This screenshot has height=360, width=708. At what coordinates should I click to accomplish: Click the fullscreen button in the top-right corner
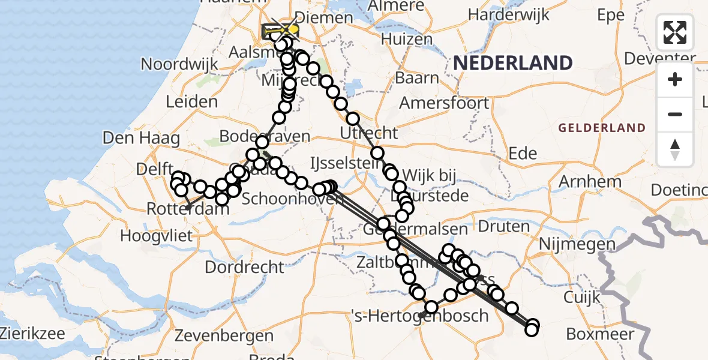(x=675, y=32)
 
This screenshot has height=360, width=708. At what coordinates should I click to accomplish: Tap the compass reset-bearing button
(x=675, y=149)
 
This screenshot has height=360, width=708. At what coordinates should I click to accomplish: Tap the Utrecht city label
(x=369, y=132)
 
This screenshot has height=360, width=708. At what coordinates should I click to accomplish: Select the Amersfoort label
(x=444, y=103)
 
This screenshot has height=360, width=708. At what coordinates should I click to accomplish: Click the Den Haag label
(x=141, y=138)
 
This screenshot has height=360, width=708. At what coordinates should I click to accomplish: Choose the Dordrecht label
(x=245, y=266)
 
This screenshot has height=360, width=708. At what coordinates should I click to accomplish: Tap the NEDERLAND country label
(x=512, y=62)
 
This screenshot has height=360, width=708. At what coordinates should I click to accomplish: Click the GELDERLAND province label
(x=602, y=128)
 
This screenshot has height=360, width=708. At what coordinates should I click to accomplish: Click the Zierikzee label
(x=33, y=332)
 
